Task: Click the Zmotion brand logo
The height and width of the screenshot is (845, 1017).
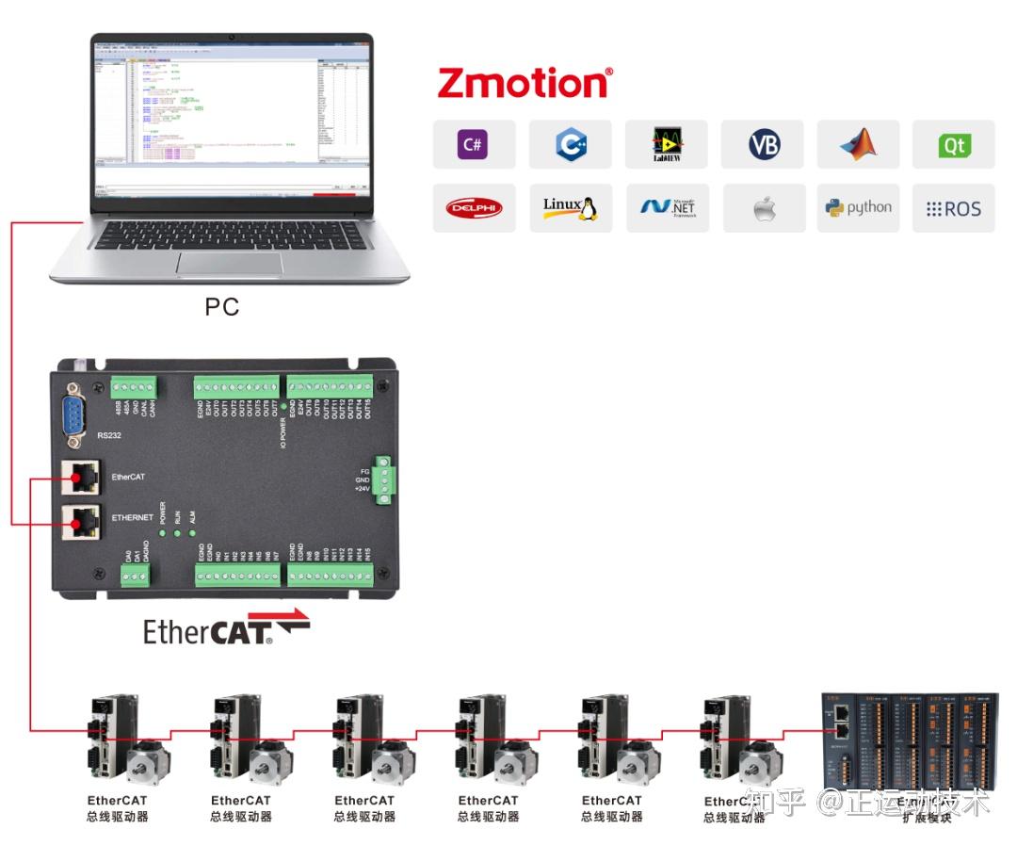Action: coord(525,83)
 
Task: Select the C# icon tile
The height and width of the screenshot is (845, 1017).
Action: coord(474,145)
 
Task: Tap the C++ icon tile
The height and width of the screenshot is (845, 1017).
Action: coord(570,145)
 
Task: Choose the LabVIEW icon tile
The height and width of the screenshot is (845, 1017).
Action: coord(667,145)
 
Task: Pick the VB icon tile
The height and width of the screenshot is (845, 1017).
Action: coord(763,145)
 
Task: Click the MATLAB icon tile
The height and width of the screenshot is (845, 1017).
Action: coord(859,145)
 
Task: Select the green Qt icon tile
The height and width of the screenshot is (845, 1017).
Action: coord(954,145)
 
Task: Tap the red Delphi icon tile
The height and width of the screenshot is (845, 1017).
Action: coord(474,208)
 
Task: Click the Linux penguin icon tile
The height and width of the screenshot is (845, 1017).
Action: coord(570,208)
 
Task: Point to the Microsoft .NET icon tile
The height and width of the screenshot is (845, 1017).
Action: coord(667,208)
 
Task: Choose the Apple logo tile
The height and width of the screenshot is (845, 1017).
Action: coord(764,208)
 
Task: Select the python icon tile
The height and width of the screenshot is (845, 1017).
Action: coord(859,208)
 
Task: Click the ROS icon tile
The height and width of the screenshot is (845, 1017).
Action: coord(954,208)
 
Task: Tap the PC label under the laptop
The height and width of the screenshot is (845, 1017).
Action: coord(222,306)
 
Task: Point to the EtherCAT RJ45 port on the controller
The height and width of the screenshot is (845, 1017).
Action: coord(81,479)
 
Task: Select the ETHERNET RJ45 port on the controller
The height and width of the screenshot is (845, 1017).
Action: coord(81,520)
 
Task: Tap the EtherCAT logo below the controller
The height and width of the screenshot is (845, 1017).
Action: coord(226,628)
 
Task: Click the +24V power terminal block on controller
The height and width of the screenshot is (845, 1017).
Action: coord(384,480)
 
